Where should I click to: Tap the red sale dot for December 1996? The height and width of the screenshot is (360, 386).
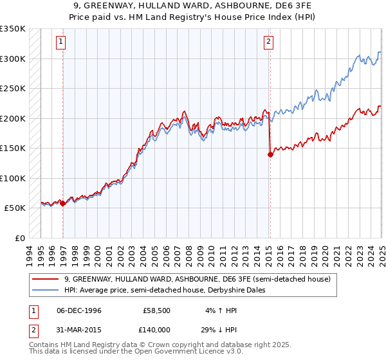[62, 203]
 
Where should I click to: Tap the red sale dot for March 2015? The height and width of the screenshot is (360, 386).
[270, 154]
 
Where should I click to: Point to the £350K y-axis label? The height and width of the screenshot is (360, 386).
[13, 29]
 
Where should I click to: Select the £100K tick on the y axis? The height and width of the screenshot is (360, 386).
[13, 178]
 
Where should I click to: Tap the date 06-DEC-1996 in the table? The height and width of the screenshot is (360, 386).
[79, 310]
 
